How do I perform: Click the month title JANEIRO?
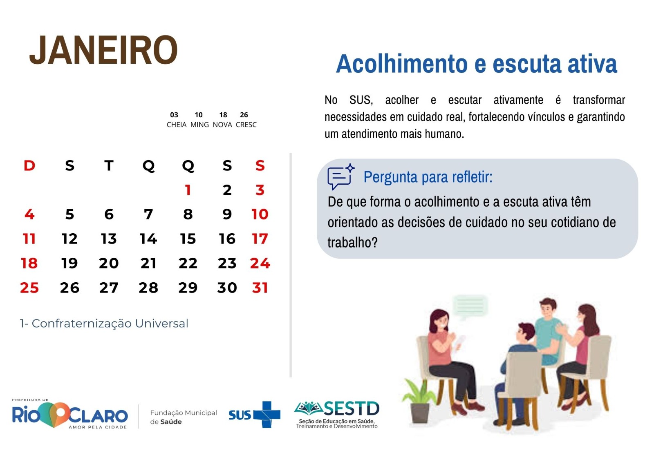(x=103, y=50)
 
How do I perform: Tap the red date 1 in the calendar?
(x=188, y=190)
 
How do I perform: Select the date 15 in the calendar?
(x=188, y=239)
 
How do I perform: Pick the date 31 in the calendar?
(x=260, y=288)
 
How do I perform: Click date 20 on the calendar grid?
(x=109, y=263)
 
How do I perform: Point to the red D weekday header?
(x=29, y=165)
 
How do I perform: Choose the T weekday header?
(x=109, y=165)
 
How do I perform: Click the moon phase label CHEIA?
(x=176, y=125)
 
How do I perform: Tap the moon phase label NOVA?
(x=222, y=125)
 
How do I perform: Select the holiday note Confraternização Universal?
(x=110, y=324)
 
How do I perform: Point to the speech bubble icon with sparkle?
(x=341, y=176)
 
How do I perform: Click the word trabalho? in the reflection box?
(x=352, y=242)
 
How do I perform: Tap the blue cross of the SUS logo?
(x=267, y=415)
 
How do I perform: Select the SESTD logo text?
(x=351, y=408)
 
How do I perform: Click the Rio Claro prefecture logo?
(x=70, y=414)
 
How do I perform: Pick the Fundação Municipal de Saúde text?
(x=184, y=417)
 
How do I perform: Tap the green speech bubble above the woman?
(x=470, y=306)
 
